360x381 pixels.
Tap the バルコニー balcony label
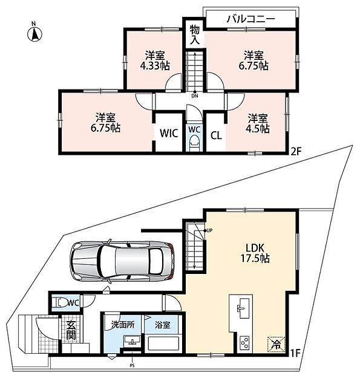click(x=250, y=19)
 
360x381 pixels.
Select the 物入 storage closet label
click(x=195, y=34)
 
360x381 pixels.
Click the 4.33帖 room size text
click(x=155, y=65)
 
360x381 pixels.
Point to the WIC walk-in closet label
click(x=169, y=133)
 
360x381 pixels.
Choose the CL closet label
click(x=216, y=135)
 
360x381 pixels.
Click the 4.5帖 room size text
click(x=258, y=128)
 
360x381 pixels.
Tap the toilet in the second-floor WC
click(x=194, y=143)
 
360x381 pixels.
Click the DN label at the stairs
click(x=195, y=96)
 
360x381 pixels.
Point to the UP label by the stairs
click(x=209, y=230)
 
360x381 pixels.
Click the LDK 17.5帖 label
click(x=255, y=253)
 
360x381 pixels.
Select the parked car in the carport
click(x=122, y=261)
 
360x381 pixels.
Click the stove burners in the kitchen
click(x=244, y=343)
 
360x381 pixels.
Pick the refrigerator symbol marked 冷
click(x=276, y=344)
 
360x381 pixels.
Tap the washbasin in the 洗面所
click(x=133, y=340)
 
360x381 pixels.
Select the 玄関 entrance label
click(x=71, y=330)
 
